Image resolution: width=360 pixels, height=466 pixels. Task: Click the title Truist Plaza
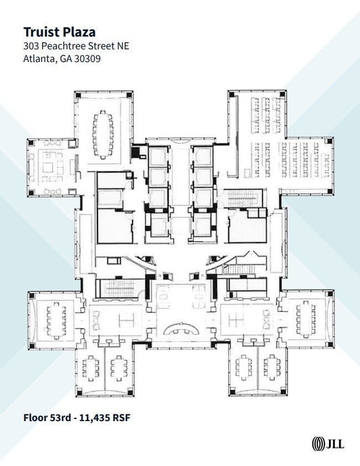tap(59, 31)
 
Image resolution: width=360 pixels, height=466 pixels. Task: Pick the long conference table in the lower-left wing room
tap(56, 320)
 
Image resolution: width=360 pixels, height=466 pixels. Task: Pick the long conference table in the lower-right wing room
tap(305, 320)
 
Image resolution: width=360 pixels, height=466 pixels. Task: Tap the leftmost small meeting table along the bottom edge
tap(90, 367)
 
